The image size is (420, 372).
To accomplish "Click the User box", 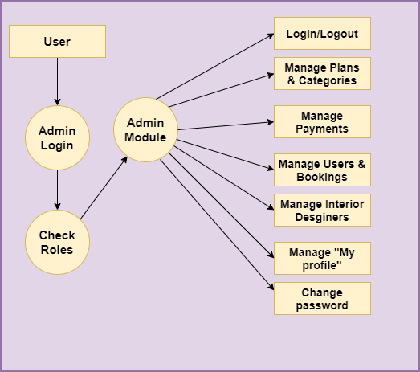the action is coord(57,41).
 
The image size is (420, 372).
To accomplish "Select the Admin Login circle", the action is coord(57,137).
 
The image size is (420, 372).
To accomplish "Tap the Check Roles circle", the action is coord(57,243).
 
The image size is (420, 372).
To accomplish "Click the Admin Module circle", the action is coord(145,129).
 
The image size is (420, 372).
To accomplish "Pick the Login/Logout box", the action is coord(322,33).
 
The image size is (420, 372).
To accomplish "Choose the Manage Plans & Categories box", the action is coord(322,73).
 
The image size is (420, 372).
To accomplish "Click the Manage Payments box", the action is coord(322,121).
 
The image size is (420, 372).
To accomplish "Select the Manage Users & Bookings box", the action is coord(322,170).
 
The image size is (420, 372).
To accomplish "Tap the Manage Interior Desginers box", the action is coord(322,211).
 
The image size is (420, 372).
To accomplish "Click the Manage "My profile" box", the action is coord(322,259).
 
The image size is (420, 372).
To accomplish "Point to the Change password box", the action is coord(322,299).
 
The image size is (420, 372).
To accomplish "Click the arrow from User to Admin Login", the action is coord(57,81).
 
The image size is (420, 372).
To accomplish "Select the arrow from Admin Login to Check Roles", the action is coord(57,190).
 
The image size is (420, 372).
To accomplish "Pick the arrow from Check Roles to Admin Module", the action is coord(104,188).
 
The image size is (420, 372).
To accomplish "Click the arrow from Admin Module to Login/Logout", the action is coord(215,67).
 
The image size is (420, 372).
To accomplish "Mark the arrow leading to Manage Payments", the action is coord(226,126).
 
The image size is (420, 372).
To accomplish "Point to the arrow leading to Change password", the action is coord(217,225).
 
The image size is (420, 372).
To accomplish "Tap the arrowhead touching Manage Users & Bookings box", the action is coord(271,168).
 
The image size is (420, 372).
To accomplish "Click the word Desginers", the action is coord(322,217).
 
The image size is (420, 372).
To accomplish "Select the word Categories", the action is coord(328,80).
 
